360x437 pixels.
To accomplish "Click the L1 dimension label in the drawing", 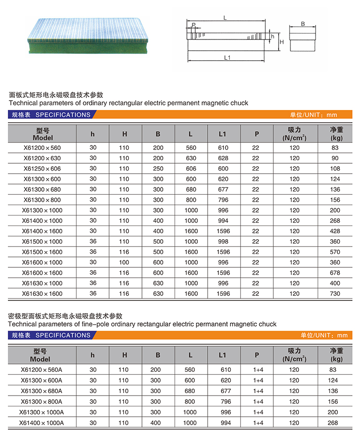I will tap(227, 58).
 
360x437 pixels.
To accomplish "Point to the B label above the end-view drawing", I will tap(302, 24).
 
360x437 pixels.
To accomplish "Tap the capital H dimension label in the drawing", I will tap(282, 42).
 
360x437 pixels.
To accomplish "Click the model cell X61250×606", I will tap(42, 168).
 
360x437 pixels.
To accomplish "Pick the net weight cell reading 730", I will tap(335, 293).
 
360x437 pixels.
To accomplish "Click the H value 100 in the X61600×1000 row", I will tap(125, 262).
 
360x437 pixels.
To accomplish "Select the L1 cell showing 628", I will tap(223, 158).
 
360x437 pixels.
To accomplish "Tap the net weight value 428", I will tap(335, 231).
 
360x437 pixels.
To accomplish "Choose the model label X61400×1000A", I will tap(42, 423).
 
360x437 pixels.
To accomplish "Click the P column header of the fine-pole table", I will tap(256, 355).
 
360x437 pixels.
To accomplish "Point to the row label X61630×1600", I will tap(42, 293).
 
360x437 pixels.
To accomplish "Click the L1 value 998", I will tap(223, 242).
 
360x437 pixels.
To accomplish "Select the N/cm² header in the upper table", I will tap(294, 138).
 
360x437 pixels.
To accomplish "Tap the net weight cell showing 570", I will tap(335, 252).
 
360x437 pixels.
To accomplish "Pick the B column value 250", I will tap(158, 168).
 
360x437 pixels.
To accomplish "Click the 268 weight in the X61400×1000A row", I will tap(335, 423).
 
